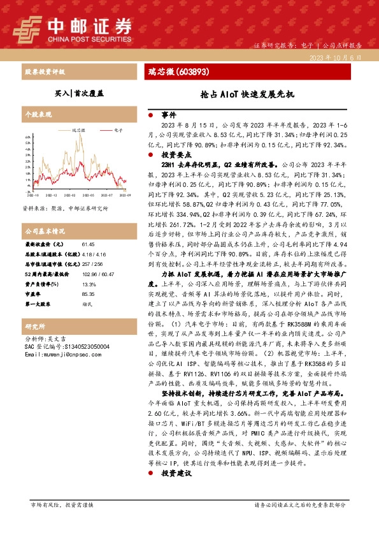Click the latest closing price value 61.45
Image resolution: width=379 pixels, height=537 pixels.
coord(89,244)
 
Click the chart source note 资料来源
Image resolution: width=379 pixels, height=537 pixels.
coord(65,208)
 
